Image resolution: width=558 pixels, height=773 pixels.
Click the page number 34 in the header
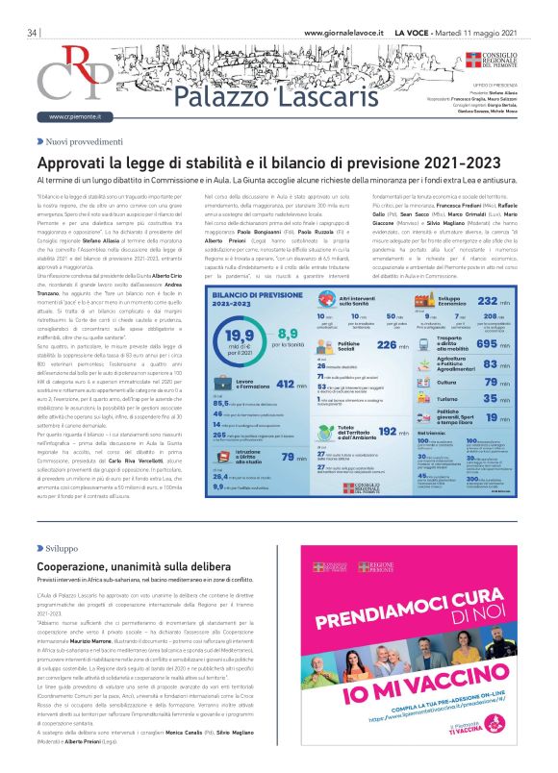click(x=33, y=32)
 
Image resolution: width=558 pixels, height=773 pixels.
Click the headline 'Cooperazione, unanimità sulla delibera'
click(x=148, y=567)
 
